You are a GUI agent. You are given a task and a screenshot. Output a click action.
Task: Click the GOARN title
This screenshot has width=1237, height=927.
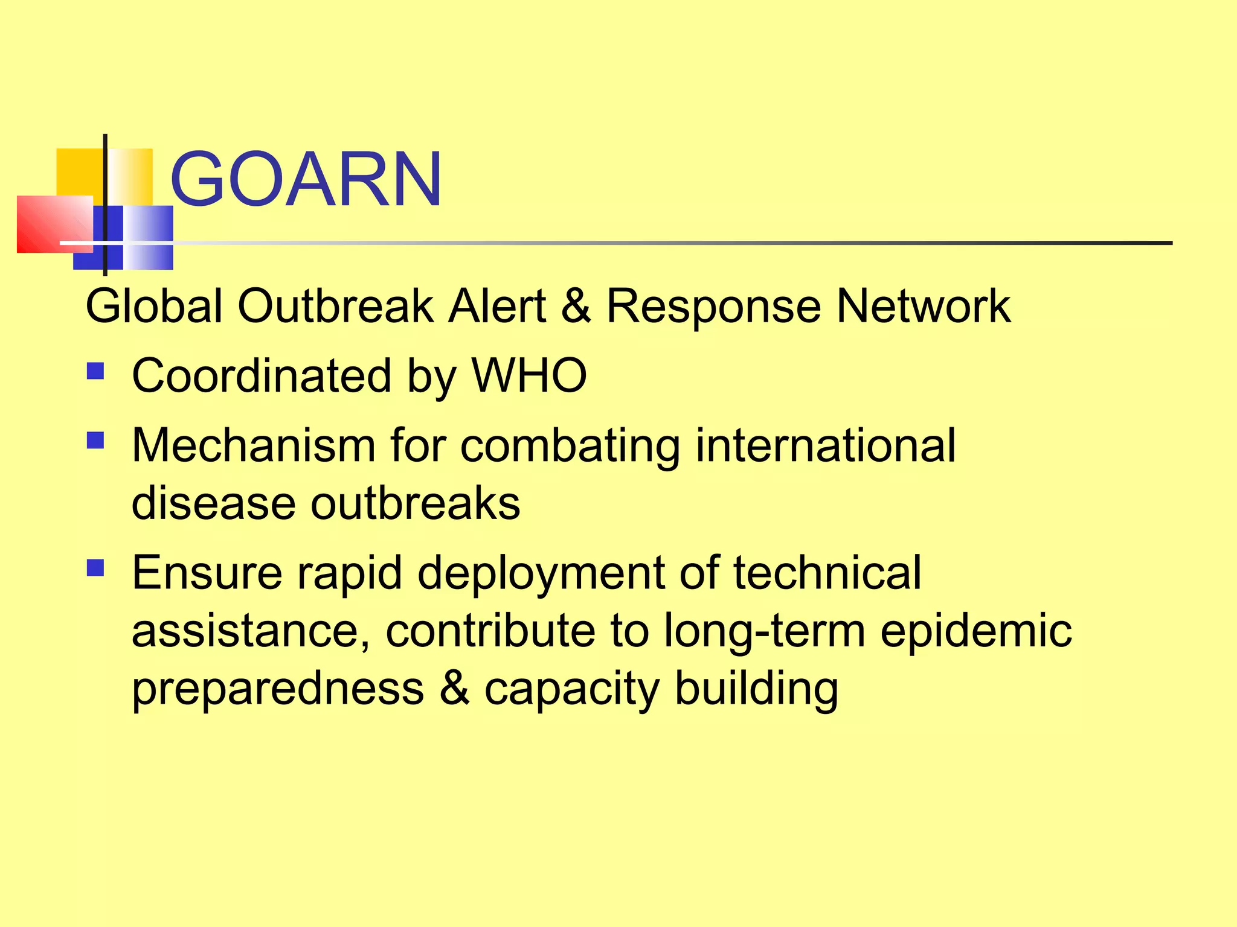tap(306, 179)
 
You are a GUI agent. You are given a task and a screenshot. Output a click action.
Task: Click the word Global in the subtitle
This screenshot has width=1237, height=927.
tap(154, 306)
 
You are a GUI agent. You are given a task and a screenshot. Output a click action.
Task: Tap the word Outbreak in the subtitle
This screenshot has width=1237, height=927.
tap(336, 306)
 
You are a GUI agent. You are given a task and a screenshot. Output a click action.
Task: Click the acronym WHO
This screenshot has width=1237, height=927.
tap(529, 375)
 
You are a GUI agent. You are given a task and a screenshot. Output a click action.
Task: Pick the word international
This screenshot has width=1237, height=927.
tap(826, 445)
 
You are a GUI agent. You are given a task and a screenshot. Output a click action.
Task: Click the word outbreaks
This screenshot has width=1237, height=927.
tap(415, 503)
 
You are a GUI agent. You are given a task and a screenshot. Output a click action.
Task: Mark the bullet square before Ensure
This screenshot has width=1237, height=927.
tap(95, 567)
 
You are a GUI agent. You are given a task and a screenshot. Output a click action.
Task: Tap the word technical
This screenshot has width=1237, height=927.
tap(827, 572)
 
